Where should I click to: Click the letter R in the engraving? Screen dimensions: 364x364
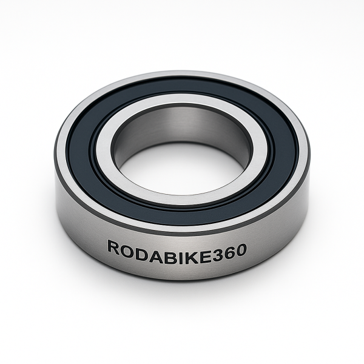tap(113, 247)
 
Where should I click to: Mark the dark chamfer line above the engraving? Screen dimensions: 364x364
tap(182, 233)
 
